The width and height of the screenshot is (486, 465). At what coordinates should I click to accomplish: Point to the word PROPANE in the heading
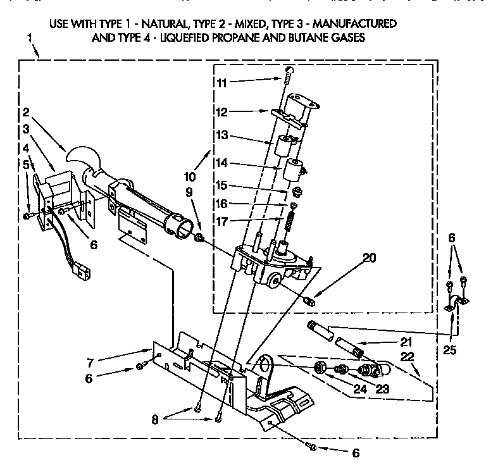(249, 37)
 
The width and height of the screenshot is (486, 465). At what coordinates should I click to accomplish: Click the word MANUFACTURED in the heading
(355, 24)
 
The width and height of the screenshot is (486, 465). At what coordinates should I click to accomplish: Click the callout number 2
(26, 114)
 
